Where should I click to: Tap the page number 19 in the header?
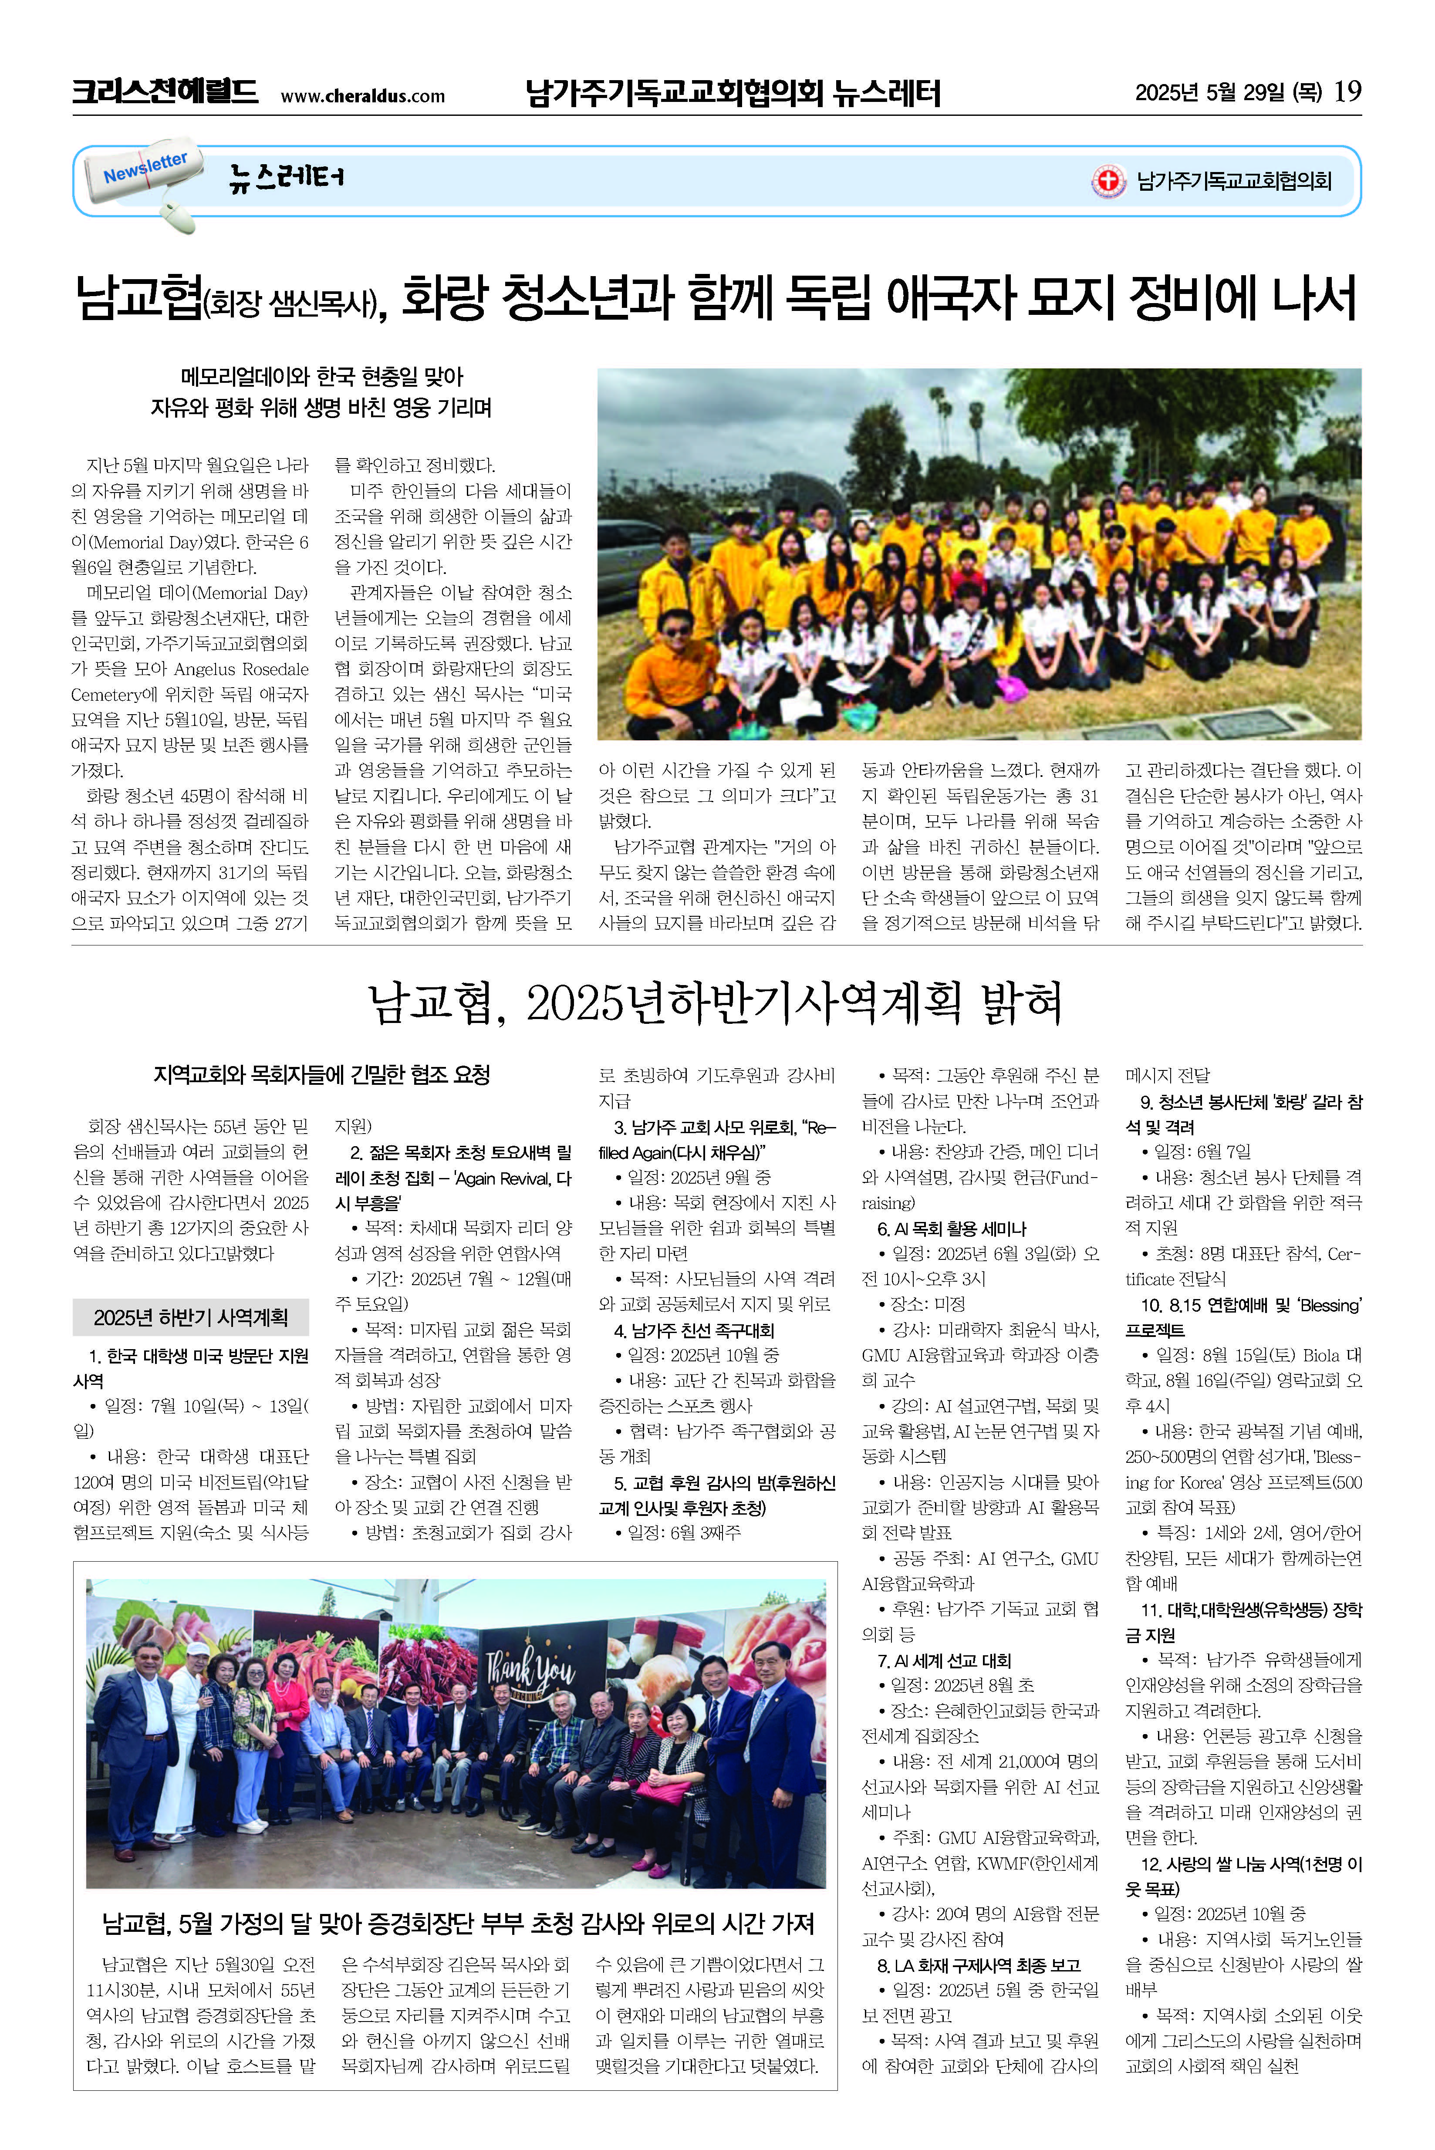point(1347,91)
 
